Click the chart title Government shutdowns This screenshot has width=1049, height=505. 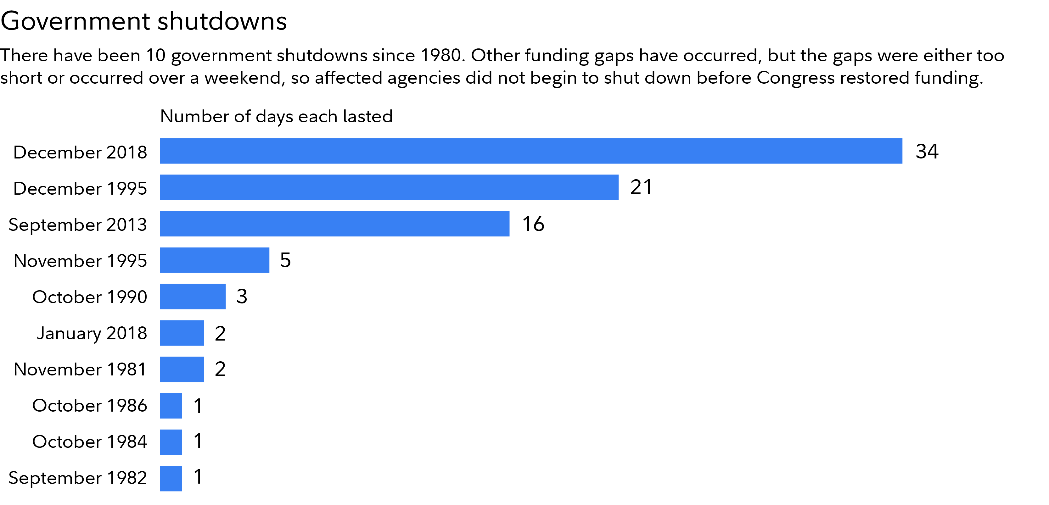tap(144, 21)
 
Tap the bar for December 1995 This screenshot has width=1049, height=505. tap(389, 187)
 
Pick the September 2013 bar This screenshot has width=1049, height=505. tap(334, 224)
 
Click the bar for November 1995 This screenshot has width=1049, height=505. tap(215, 260)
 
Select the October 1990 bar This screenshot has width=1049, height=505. tap(193, 296)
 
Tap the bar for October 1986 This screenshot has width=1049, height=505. tap(171, 406)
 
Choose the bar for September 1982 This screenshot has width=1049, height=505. tap(171, 478)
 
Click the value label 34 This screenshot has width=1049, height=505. tap(927, 151)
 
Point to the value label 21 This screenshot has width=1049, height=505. tap(641, 187)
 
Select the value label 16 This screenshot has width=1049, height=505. tap(533, 224)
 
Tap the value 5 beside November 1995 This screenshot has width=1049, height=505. tap(285, 260)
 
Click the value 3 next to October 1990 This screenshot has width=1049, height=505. tap(242, 296)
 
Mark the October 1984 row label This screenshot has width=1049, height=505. tap(90, 442)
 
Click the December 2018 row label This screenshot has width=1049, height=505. tap(80, 152)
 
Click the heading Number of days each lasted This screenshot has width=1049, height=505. tap(276, 116)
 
